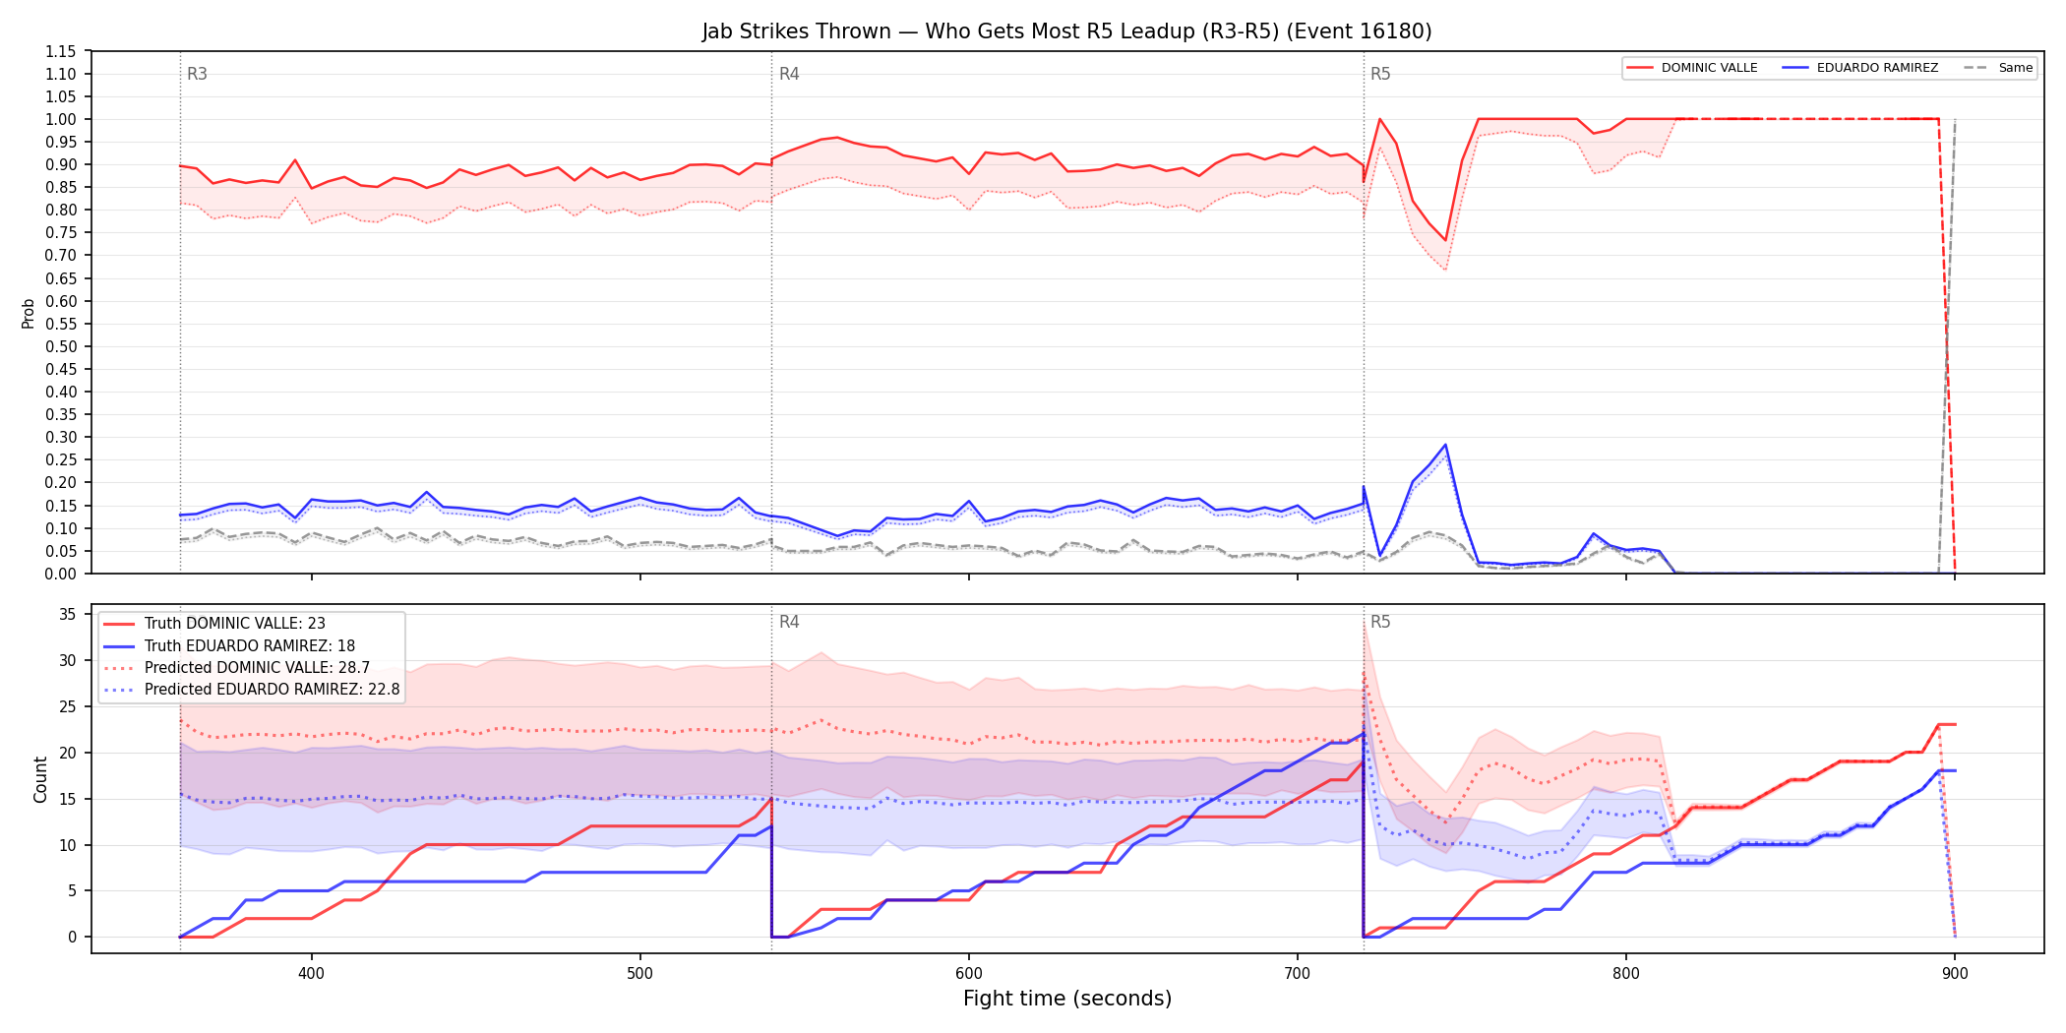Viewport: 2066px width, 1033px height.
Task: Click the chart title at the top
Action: (1066, 31)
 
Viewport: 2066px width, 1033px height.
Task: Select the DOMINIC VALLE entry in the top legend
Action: (1692, 68)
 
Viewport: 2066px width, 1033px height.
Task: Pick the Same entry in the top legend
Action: (1998, 68)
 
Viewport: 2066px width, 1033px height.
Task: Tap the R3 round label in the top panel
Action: (197, 74)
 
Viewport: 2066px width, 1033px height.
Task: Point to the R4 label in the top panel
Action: (789, 74)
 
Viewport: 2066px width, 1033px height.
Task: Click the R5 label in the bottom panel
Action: (1380, 622)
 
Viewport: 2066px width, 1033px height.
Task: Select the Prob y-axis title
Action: (29, 313)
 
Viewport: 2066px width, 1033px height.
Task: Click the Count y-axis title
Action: (40, 779)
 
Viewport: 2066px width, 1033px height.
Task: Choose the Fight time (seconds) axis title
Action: (1067, 999)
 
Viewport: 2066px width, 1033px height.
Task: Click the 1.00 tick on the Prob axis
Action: (61, 119)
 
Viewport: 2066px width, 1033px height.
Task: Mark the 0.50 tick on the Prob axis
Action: (61, 346)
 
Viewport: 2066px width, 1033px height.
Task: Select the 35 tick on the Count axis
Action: (68, 615)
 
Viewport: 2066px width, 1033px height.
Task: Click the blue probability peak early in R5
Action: (1445, 445)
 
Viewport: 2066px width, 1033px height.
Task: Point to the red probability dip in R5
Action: (1445, 240)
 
